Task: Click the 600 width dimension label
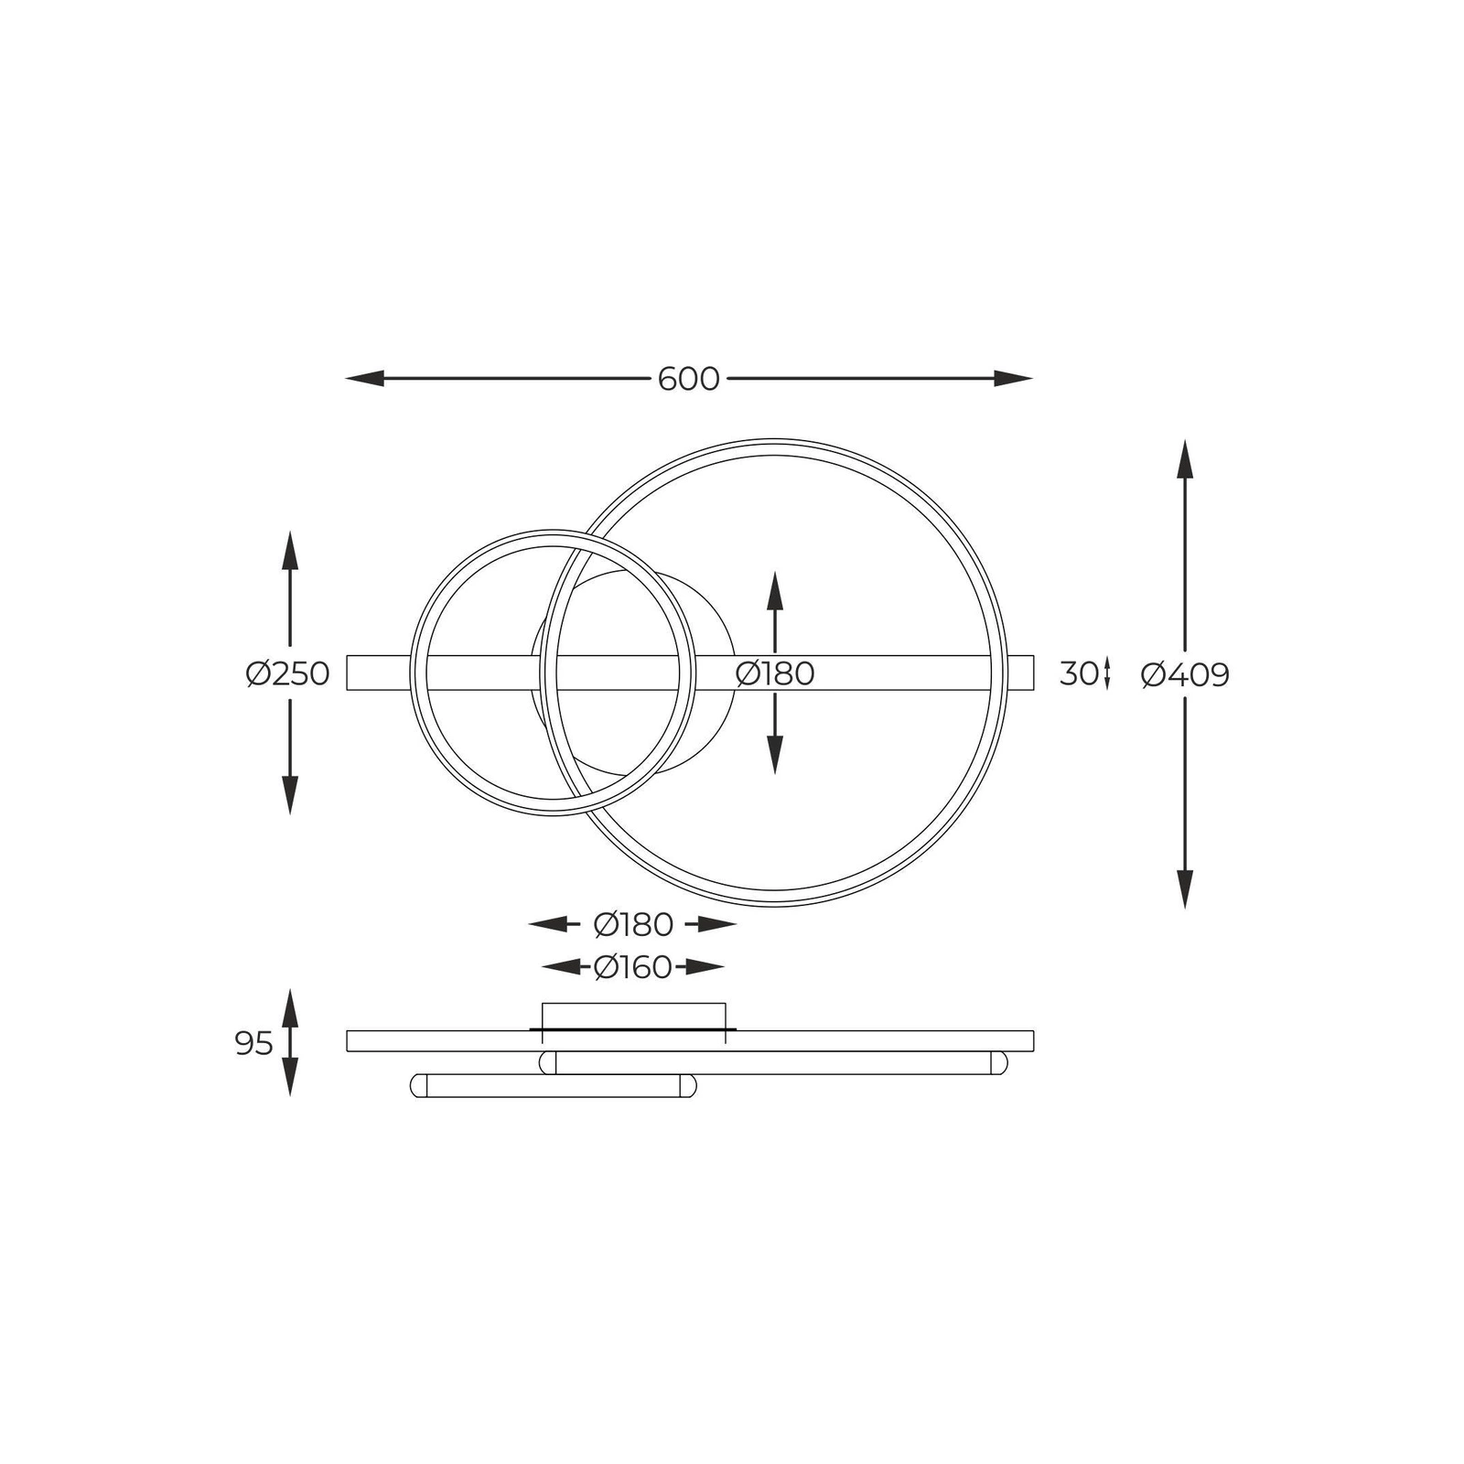point(688,379)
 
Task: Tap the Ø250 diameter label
point(287,674)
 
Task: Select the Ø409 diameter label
point(1185,675)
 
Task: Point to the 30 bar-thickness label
point(1079,674)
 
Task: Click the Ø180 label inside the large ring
point(774,673)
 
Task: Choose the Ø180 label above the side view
point(633,925)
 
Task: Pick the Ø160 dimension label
point(632,967)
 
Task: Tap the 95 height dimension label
point(253,1043)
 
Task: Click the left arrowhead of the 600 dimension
point(364,379)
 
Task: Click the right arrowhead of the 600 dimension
point(1014,379)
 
